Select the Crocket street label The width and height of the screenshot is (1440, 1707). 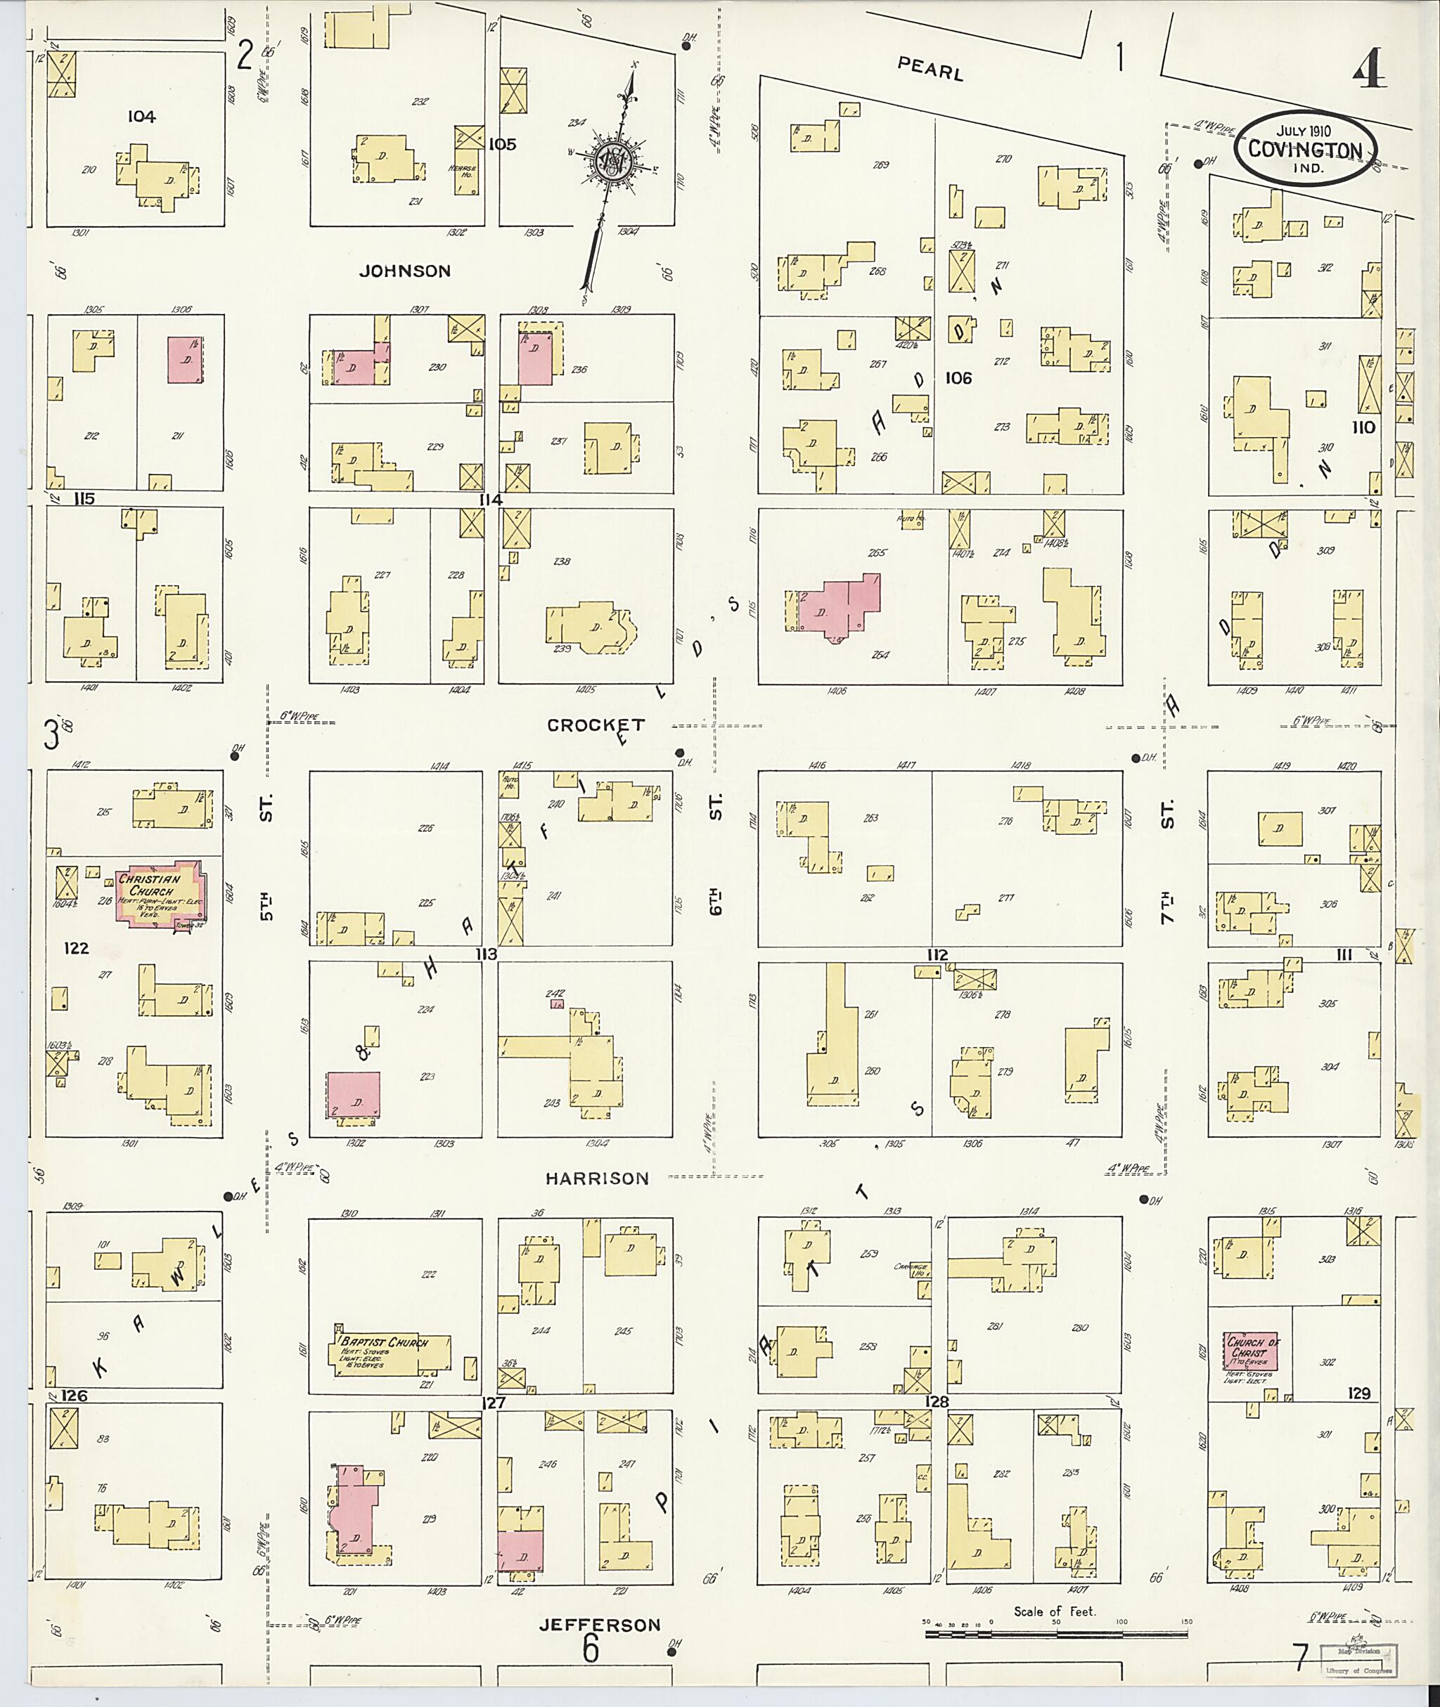coord(596,725)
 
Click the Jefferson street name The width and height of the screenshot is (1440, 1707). coord(600,1625)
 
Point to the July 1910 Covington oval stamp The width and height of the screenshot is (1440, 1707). coord(1304,148)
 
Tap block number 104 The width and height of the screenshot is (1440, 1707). coord(141,117)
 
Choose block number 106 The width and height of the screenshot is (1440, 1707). coord(958,378)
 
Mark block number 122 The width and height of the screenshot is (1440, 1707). coord(76,948)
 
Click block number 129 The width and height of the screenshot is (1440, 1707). coord(1359,1393)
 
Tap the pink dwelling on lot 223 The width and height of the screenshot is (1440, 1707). coord(354,1098)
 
